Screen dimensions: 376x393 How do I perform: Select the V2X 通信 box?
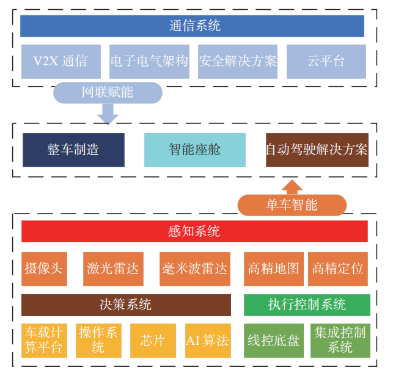click(x=60, y=61)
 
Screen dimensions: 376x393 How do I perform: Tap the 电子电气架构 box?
click(x=149, y=61)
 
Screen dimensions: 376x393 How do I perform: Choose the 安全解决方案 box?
click(x=237, y=61)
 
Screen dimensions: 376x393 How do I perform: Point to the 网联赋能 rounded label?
click(x=108, y=93)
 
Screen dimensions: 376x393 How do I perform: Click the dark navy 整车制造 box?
click(x=73, y=150)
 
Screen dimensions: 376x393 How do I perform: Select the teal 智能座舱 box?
click(x=194, y=150)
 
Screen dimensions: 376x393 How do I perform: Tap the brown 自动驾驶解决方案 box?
click(x=317, y=150)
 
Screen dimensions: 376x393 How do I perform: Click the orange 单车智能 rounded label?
click(x=292, y=205)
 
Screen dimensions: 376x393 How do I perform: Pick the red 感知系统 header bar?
click(x=194, y=231)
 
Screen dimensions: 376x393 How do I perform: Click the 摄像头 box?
click(x=44, y=269)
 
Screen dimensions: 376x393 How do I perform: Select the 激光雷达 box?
click(x=112, y=269)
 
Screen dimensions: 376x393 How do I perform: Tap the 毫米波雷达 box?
click(x=195, y=269)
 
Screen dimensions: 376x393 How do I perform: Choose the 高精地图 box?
click(x=273, y=269)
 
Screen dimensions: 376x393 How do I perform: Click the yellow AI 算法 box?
click(x=208, y=340)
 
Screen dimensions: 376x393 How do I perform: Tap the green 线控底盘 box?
click(x=273, y=340)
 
